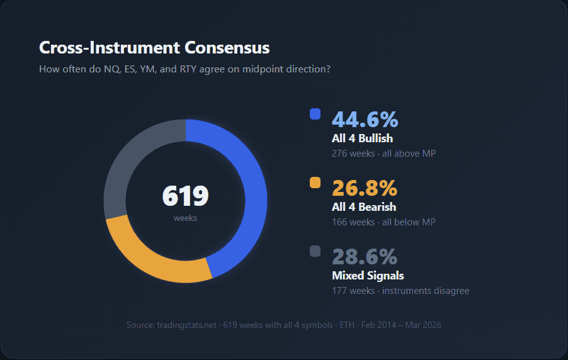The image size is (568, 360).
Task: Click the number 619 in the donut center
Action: pos(185,196)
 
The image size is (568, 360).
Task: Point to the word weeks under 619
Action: pos(185,218)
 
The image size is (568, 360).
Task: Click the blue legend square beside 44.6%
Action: pos(315,114)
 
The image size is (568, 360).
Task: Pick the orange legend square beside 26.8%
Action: pos(315,183)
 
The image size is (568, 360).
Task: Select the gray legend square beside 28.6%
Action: pos(315,251)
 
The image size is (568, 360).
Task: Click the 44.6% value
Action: pos(365,119)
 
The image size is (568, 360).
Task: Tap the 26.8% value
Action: pos(365,188)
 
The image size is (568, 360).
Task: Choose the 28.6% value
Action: pos(365,256)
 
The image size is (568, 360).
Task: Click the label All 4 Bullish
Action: pos(362,138)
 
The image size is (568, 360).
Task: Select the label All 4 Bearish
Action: pos(364,206)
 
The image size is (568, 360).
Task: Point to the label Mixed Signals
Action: pos(368,275)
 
